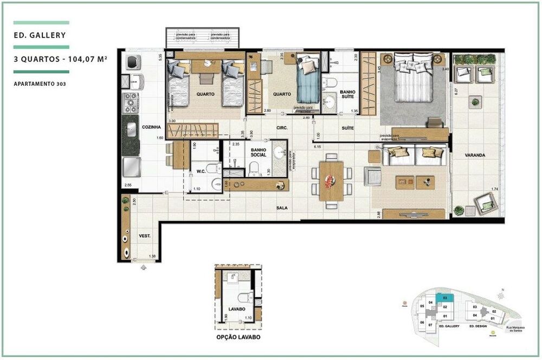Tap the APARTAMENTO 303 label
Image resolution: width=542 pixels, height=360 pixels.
click(41, 83)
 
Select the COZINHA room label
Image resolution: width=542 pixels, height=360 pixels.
click(152, 127)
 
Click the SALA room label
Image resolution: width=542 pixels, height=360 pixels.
click(281, 207)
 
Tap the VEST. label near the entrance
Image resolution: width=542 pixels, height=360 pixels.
click(144, 236)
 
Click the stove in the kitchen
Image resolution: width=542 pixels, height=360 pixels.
click(132, 101)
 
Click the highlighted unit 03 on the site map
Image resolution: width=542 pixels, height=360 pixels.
click(444, 298)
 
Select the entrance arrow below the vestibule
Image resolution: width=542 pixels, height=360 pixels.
click(143, 267)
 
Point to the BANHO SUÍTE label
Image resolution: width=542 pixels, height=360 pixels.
click(347, 95)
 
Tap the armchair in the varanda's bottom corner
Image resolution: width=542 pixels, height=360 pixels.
click(485, 204)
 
